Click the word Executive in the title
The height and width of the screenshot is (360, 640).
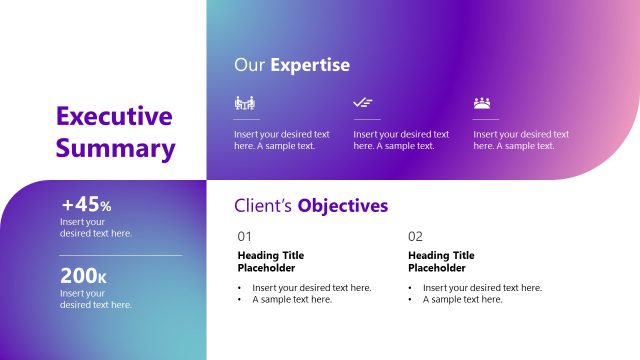point(115,116)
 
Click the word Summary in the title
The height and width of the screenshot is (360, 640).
point(115,149)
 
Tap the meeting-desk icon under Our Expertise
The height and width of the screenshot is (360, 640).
point(244,103)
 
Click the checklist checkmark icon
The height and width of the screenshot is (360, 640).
point(363,103)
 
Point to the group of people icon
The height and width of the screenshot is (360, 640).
point(483,103)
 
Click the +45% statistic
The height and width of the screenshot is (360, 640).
point(86,205)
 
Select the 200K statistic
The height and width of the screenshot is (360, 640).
point(83,275)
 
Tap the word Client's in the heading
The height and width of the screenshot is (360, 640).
point(263,206)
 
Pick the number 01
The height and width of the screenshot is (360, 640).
point(245,237)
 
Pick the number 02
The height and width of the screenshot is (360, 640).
point(416,237)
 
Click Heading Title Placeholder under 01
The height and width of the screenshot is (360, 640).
point(270,262)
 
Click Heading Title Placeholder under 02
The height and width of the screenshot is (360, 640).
point(441,262)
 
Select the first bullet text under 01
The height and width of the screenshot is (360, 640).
point(311,287)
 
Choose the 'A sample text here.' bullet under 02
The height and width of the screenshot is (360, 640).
point(462,299)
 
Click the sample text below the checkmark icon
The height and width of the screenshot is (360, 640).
point(401,140)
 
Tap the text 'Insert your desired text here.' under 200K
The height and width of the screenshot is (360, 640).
point(96,299)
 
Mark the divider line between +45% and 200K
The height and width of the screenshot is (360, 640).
point(121,255)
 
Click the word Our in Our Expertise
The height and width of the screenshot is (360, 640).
point(248,65)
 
